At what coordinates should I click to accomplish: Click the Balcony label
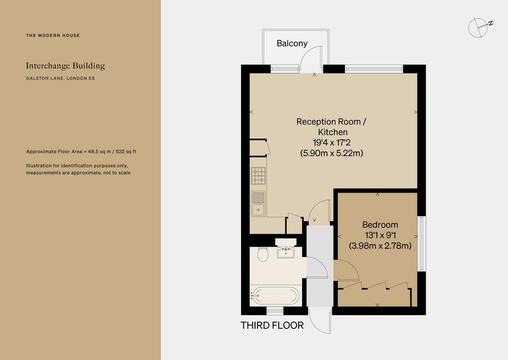coord(292,44)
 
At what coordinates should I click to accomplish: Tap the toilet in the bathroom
coord(263,254)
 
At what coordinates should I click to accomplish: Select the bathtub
coord(276,295)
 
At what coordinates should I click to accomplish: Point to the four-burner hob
coord(258,176)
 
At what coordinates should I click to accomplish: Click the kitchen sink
coord(258,204)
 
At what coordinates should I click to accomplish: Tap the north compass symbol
coord(480,28)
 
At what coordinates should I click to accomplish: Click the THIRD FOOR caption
coord(272,325)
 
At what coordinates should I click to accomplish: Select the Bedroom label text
coord(380,225)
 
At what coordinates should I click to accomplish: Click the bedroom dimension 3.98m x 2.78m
coord(380,245)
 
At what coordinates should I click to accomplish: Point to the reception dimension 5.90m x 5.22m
coord(331,153)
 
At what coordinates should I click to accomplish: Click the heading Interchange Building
coord(65,66)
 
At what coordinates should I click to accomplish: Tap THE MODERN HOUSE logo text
coord(53,35)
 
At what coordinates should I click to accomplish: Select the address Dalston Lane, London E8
coord(60,78)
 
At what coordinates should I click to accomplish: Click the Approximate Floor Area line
coord(81,151)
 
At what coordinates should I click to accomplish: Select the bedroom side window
coord(422,244)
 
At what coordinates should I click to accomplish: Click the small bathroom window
coord(275,311)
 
